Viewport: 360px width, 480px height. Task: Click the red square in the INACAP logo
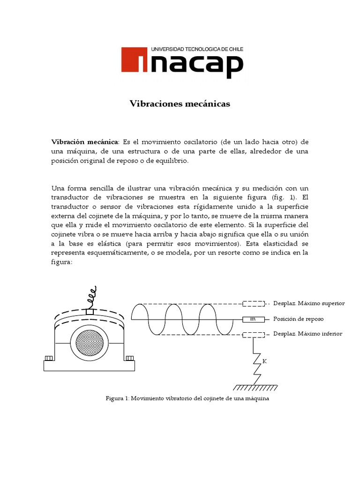pyautogui.click(x=135, y=60)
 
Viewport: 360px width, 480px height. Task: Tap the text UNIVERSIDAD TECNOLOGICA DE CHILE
pyautogui.click(x=196, y=49)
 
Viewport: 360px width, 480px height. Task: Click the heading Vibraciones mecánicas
pyautogui.click(x=180, y=104)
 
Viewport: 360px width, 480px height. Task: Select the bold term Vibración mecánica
pyautogui.click(x=85, y=142)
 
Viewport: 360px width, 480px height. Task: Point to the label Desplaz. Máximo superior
pyautogui.click(x=308, y=303)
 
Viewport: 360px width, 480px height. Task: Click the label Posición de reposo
pyautogui.click(x=298, y=319)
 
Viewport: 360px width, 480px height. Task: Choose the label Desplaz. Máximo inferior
pyautogui.click(x=307, y=334)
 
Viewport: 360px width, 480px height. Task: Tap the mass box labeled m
pyautogui.click(x=253, y=319)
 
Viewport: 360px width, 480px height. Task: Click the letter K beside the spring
pyautogui.click(x=264, y=361)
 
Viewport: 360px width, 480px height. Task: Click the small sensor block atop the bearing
pyautogui.click(x=90, y=311)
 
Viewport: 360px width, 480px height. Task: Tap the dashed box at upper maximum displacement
pyautogui.click(x=253, y=303)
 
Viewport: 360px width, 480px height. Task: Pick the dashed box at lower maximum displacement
pyautogui.click(x=253, y=334)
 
